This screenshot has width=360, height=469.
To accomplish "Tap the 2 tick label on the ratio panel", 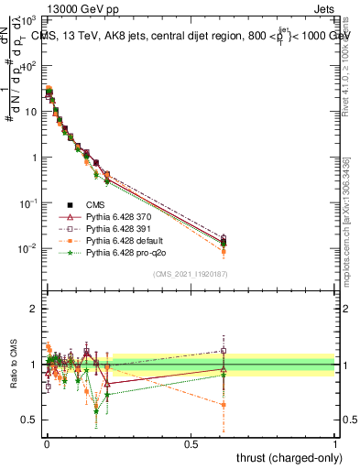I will coord(36,309).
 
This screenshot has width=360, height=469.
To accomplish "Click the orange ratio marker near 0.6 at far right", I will coord(224,404).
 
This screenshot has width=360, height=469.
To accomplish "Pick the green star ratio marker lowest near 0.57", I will coord(96,411).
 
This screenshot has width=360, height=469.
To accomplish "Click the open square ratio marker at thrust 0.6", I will coord(224,350).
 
